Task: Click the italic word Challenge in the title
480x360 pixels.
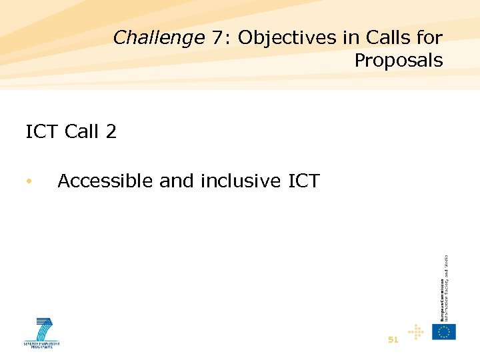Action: [159, 38]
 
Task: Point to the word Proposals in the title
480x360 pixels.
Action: [398, 61]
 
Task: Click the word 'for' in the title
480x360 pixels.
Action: [428, 38]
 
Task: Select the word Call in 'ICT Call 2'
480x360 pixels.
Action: [83, 131]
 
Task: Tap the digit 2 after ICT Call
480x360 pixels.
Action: [111, 131]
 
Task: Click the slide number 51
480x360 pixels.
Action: [393, 339]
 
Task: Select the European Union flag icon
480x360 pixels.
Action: [444, 331]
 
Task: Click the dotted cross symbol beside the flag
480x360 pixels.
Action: [416, 332]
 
